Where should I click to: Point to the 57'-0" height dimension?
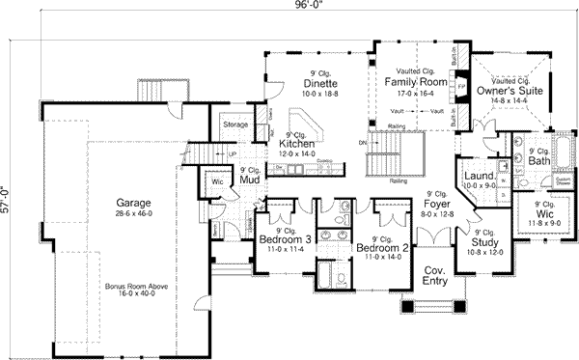point(8,189)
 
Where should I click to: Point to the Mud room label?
point(248,180)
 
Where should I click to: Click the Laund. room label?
point(478,177)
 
